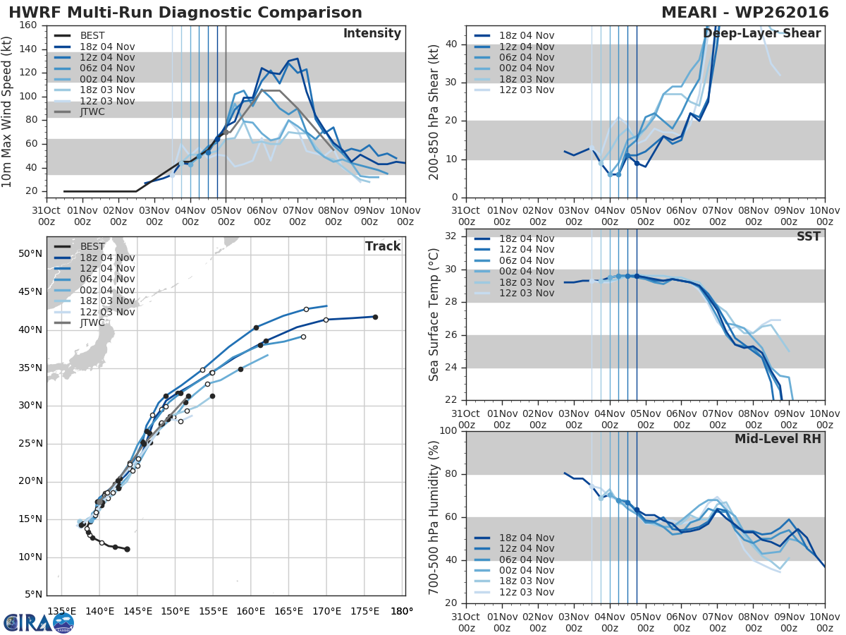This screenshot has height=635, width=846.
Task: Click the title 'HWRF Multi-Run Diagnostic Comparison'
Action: (185, 13)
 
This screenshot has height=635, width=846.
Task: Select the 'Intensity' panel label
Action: (372, 34)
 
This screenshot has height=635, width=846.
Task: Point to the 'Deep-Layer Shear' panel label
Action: (761, 34)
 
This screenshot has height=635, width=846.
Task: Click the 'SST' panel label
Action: (808, 237)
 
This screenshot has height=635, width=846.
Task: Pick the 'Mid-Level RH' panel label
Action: (778, 440)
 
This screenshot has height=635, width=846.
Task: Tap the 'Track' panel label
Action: (383, 246)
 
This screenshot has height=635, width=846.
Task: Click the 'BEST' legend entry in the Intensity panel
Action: (92, 36)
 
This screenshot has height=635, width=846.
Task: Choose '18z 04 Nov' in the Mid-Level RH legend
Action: (526, 538)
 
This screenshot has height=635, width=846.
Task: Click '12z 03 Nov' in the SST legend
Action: (526, 293)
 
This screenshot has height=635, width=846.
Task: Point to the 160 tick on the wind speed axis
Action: (28, 25)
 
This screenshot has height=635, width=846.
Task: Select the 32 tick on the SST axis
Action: (451, 236)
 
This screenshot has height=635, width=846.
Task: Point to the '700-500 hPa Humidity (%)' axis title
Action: (434, 518)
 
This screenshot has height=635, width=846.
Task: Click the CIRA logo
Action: (38, 622)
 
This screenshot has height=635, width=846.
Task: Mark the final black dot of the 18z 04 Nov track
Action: (375, 317)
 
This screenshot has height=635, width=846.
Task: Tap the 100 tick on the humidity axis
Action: (447, 431)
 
